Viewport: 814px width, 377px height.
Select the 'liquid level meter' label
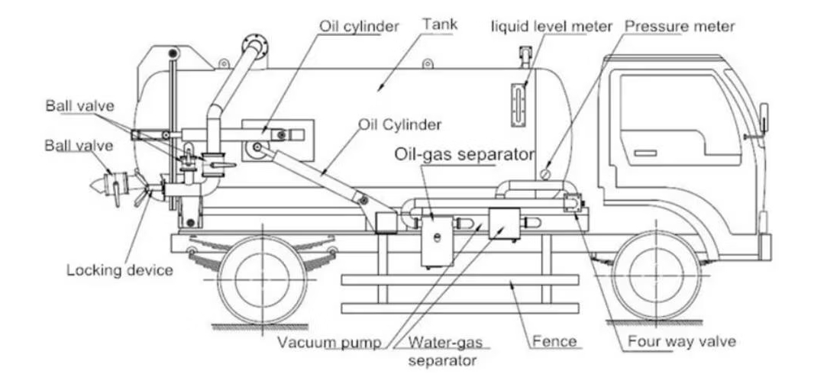point(551,27)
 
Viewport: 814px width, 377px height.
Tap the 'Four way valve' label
point(682,341)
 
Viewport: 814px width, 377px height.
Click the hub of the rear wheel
point(262,275)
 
